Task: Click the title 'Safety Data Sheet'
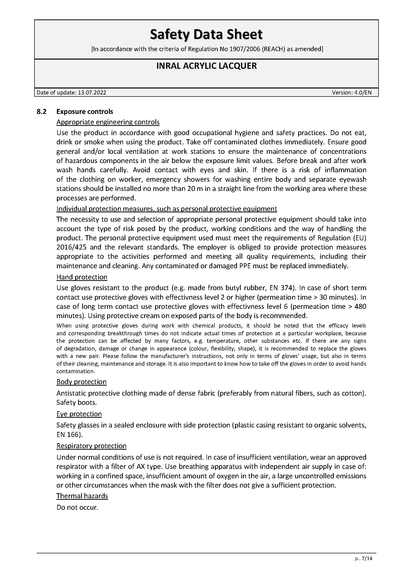pyautogui.click(x=206, y=35)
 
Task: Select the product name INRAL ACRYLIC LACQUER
pyautogui.click(x=206, y=66)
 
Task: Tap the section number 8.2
pyautogui.click(x=42, y=112)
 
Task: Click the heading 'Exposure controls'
pyautogui.click(x=85, y=112)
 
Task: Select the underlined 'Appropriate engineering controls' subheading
pyautogui.click(x=108, y=122)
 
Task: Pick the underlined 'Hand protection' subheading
pyautogui.click(x=82, y=277)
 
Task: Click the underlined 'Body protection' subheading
pyautogui.click(x=81, y=382)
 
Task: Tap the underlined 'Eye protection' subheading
pyautogui.click(x=79, y=414)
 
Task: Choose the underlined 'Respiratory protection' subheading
pyautogui.click(x=91, y=446)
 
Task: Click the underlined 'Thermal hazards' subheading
pyautogui.click(x=82, y=496)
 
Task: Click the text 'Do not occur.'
pyautogui.click(x=77, y=507)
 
